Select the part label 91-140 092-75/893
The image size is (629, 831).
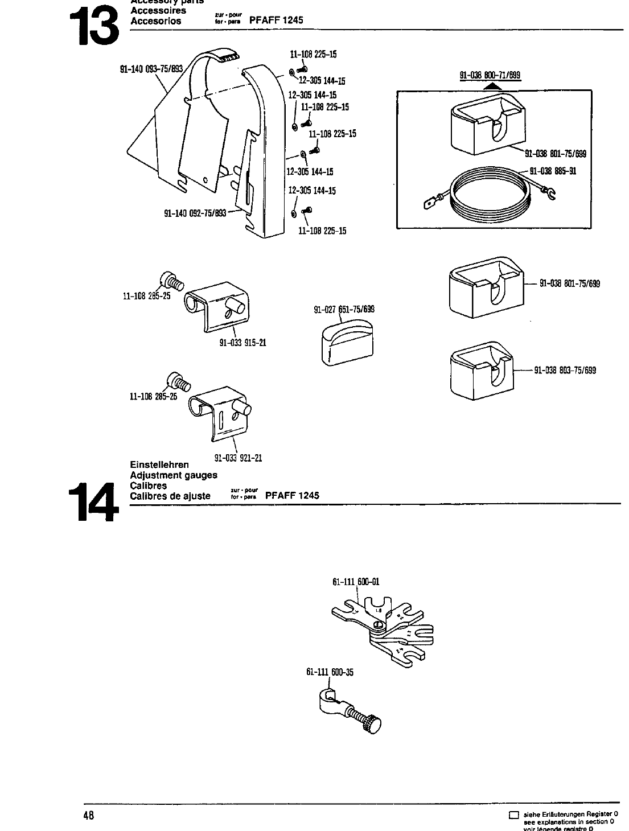(195, 213)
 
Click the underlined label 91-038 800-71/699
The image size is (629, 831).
(490, 75)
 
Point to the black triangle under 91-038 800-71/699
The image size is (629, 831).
(494, 86)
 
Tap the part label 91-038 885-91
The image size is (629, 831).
(553, 170)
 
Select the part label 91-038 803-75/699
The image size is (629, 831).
(565, 370)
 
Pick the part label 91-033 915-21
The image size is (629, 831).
(243, 343)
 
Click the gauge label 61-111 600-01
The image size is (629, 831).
(356, 582)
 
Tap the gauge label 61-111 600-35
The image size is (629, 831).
(330, 672)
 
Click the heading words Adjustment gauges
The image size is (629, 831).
(174, 475)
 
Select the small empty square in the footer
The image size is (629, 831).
(514, 815)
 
